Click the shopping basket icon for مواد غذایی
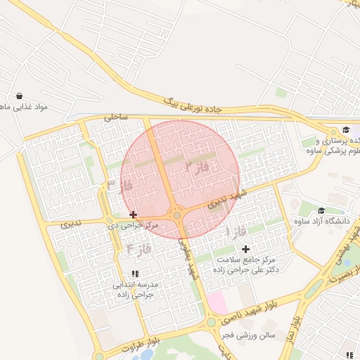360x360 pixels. tap(18, 96)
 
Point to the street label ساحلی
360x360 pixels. tap(116, 117)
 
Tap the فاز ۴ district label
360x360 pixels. tap(139, 247)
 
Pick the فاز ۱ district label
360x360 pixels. tap(235, 231)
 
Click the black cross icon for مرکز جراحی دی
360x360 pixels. tap(133, 214)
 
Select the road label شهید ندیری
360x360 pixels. tap(232, 196)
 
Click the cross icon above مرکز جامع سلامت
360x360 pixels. tap(245, 249)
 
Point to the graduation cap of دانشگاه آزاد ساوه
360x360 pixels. tap(321, 210)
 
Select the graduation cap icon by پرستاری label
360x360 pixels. tap(346, 129)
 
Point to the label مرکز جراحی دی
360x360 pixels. tap(133, 225)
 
